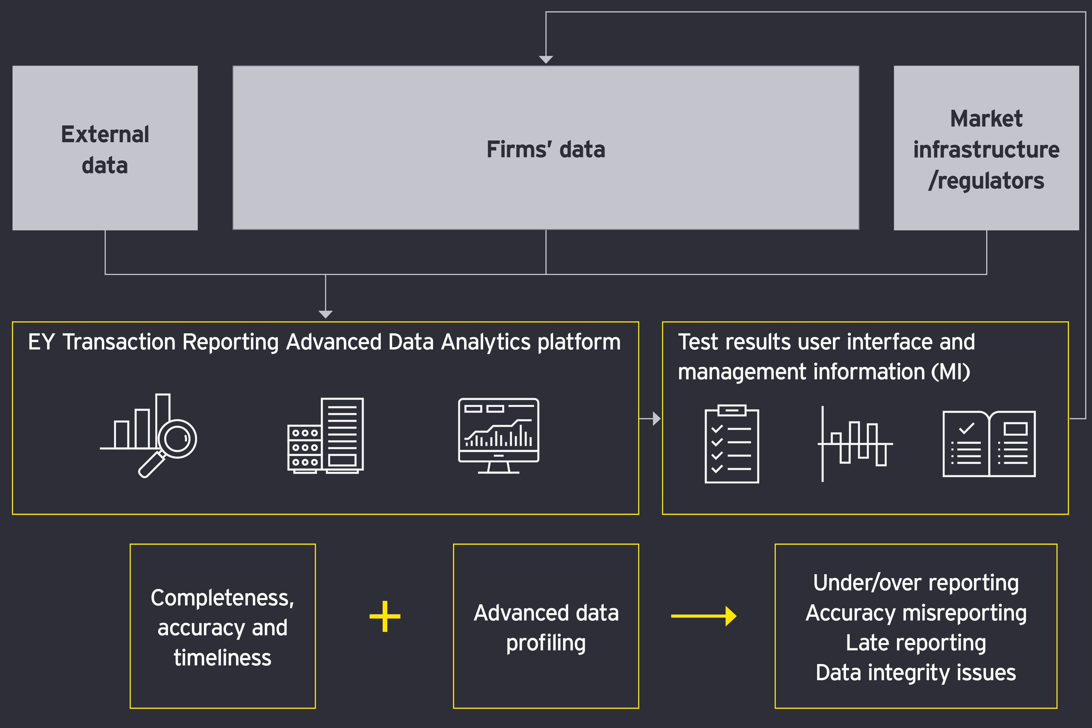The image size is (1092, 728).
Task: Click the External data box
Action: [105, 148]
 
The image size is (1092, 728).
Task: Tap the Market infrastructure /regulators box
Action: [986, 148]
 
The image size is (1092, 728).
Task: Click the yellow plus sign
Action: [385, 616]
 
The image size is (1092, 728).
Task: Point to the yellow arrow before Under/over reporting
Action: [703, 616]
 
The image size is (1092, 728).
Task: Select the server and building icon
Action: [325, 436]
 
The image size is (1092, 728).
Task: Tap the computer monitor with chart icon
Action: [499, 436]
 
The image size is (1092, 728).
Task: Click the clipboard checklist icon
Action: [732, 444]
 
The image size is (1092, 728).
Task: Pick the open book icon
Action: [989, 444]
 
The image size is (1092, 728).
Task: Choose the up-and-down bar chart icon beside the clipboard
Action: [855, 444]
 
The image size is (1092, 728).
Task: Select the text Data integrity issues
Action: [915, 673]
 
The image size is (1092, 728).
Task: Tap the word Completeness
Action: [222, 598]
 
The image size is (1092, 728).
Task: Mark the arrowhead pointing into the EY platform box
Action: [325, 314]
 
